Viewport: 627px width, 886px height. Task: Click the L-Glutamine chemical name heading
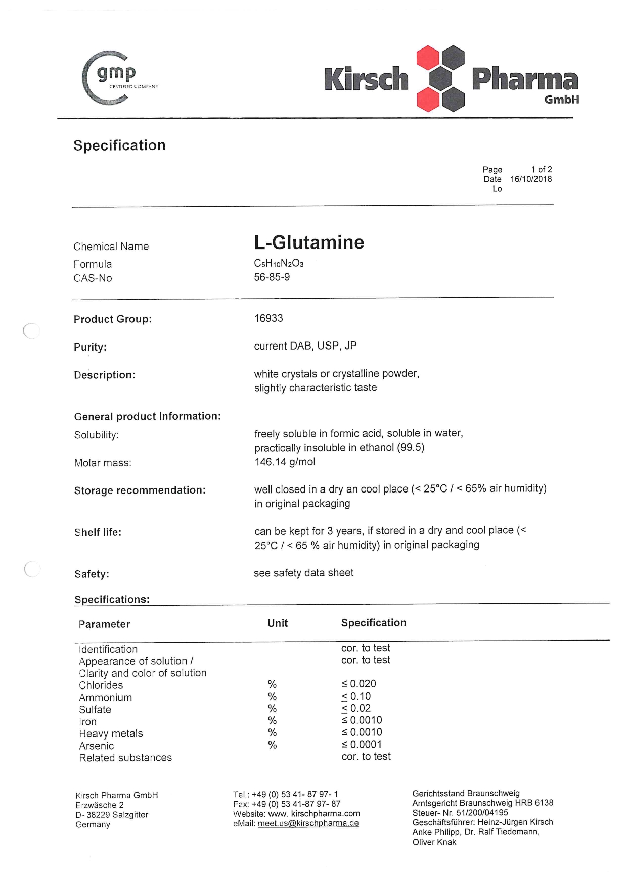pos(309,242)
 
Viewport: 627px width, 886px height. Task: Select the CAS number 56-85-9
pos(272,277)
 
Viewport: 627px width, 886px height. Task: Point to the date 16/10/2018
pos(531,179)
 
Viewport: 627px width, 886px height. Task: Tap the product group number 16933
pos(268,318)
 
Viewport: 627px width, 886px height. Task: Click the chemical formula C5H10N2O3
pos(279,264)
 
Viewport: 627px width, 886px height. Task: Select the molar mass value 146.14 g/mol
pos(285,462)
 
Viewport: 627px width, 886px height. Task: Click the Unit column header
pos(278,623)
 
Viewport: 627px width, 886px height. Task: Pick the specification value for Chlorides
pos(359,684)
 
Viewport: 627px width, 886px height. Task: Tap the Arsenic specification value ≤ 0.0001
pos(362,745)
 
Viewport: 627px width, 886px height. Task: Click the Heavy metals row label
pos(111,733)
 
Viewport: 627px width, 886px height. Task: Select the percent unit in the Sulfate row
pos(272,709)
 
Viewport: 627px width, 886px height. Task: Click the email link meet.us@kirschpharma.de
pos(308,823)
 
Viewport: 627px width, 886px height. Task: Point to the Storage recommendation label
pos(140,490)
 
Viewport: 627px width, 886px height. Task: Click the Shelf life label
pos(98,532)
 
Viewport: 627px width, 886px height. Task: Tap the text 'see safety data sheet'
pos(303,573)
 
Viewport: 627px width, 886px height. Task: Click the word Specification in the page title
pos(119,145)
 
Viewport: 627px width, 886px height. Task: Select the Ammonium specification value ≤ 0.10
pos(356,696)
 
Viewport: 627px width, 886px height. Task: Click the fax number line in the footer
pos(286,804)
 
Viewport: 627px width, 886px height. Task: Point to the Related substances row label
pos(125,758)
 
